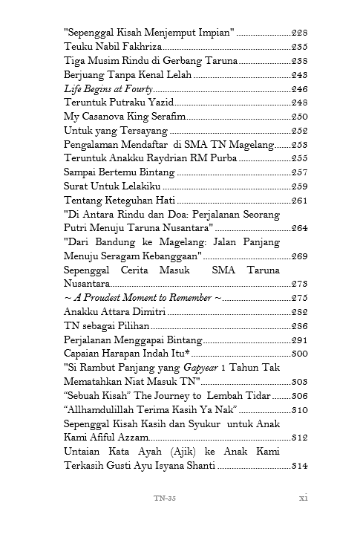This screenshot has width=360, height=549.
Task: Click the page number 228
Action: coord(300,33)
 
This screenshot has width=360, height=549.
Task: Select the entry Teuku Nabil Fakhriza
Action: coord(105,47)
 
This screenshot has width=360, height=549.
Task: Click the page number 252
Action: coord(300,131)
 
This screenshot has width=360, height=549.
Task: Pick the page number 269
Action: coord(300,256)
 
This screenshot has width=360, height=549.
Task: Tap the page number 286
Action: coord(300,326)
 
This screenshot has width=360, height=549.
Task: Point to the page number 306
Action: coord(300,396)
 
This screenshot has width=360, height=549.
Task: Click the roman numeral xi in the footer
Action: coord(303,498)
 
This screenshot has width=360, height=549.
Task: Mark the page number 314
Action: coord(300,466)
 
